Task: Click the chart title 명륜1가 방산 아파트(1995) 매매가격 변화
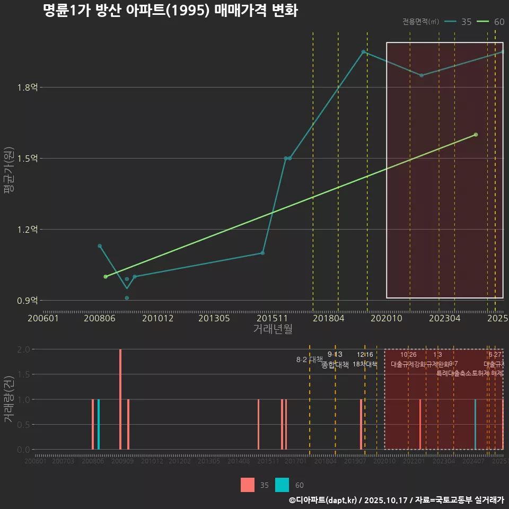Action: point(170,11)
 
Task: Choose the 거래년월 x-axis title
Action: point(273,329)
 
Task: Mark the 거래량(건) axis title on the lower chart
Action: point(9,399)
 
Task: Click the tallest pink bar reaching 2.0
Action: point(120,399)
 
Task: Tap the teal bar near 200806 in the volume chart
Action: point(99,424)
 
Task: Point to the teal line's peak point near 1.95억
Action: point(363,52)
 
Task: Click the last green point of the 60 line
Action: point(476,135)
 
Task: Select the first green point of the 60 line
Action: point(106,277)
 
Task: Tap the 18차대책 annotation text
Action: point(365,365)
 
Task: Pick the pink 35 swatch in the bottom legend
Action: point(247,485)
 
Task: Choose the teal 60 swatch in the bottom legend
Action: point(283,485)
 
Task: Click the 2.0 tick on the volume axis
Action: point(23,349)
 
